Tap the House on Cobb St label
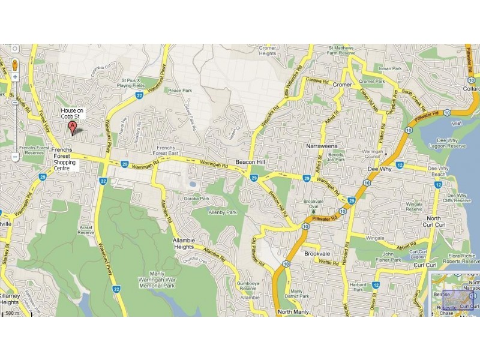tap(72, 114)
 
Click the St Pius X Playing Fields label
tap(131, 82)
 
